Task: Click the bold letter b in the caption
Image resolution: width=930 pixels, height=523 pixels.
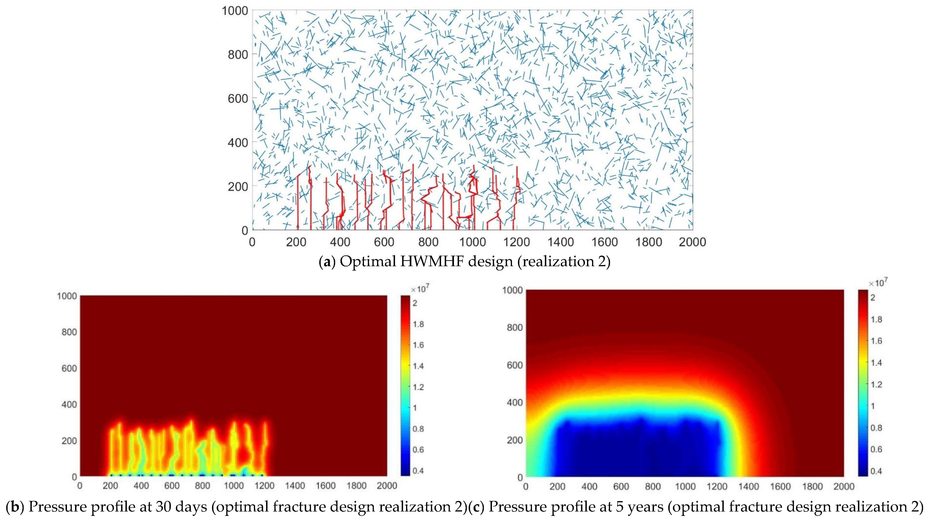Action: point(15,507)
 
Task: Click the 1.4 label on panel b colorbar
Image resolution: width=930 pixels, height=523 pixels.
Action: point(418,366)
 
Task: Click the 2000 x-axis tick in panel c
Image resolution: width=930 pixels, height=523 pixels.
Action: point(844,487)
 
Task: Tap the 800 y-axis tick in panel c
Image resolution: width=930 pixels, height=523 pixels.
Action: point(515,327)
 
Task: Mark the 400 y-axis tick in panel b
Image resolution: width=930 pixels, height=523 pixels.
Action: point(69,405)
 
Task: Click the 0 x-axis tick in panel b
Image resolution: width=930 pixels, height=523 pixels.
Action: point(80,486)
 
